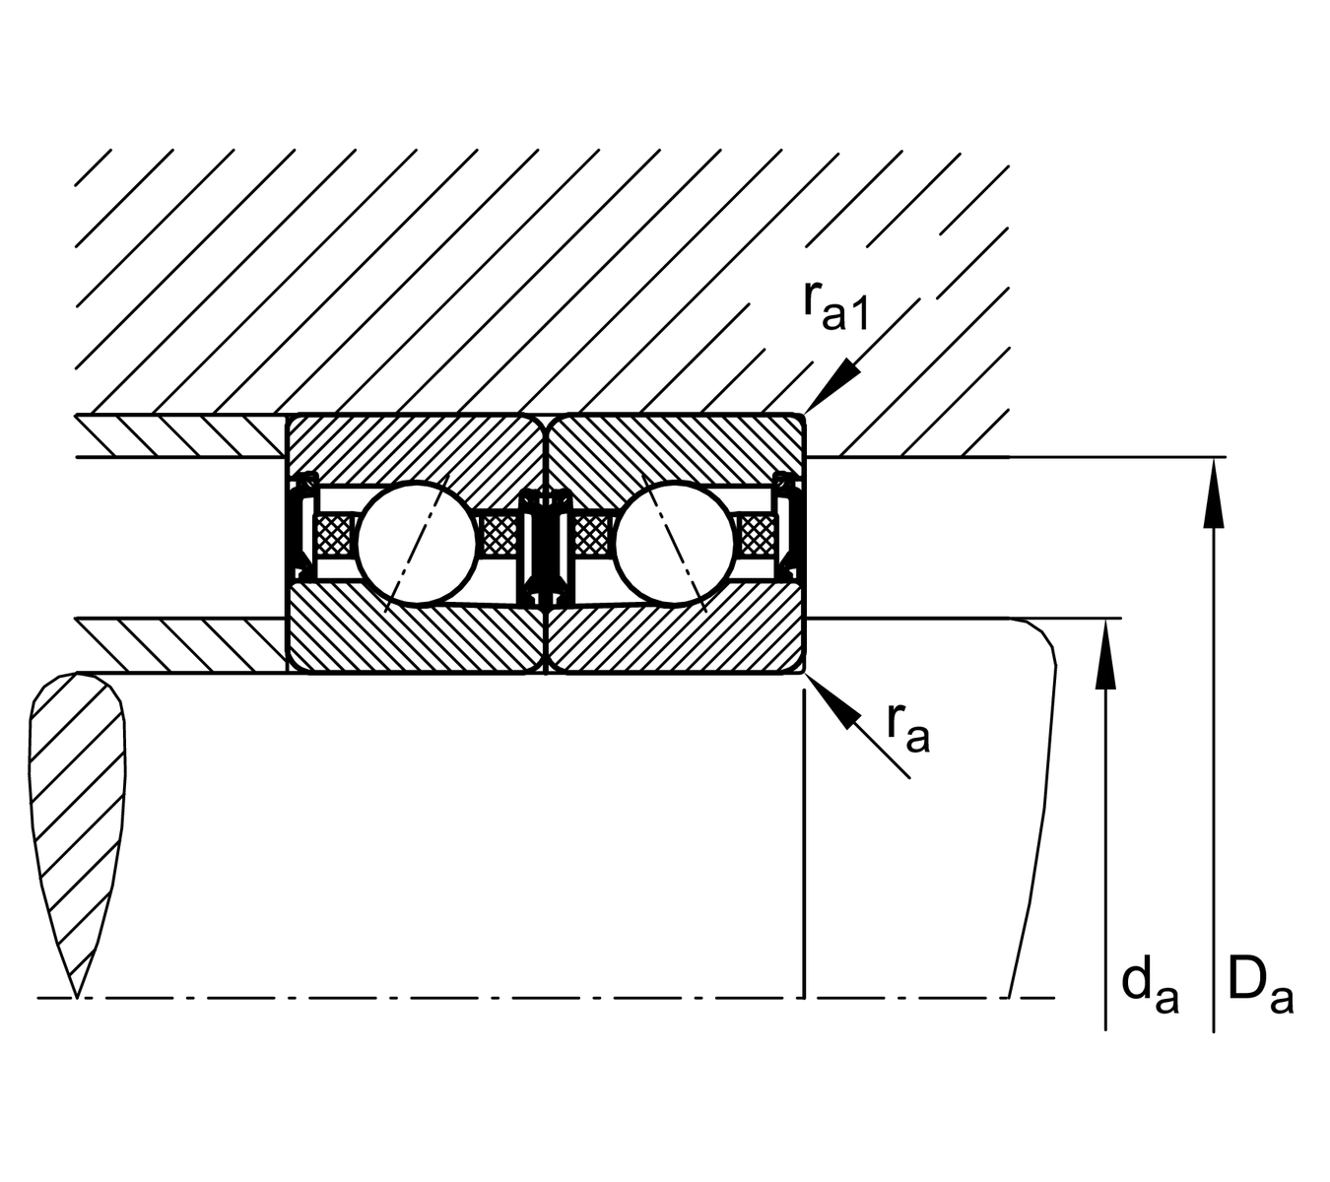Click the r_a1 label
[835, 306]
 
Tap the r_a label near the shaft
[907, 728]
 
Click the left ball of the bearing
[416, 541]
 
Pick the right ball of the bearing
[675, 541]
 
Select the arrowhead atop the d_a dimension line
[1106, 650]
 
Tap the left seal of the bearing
[299, 527]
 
